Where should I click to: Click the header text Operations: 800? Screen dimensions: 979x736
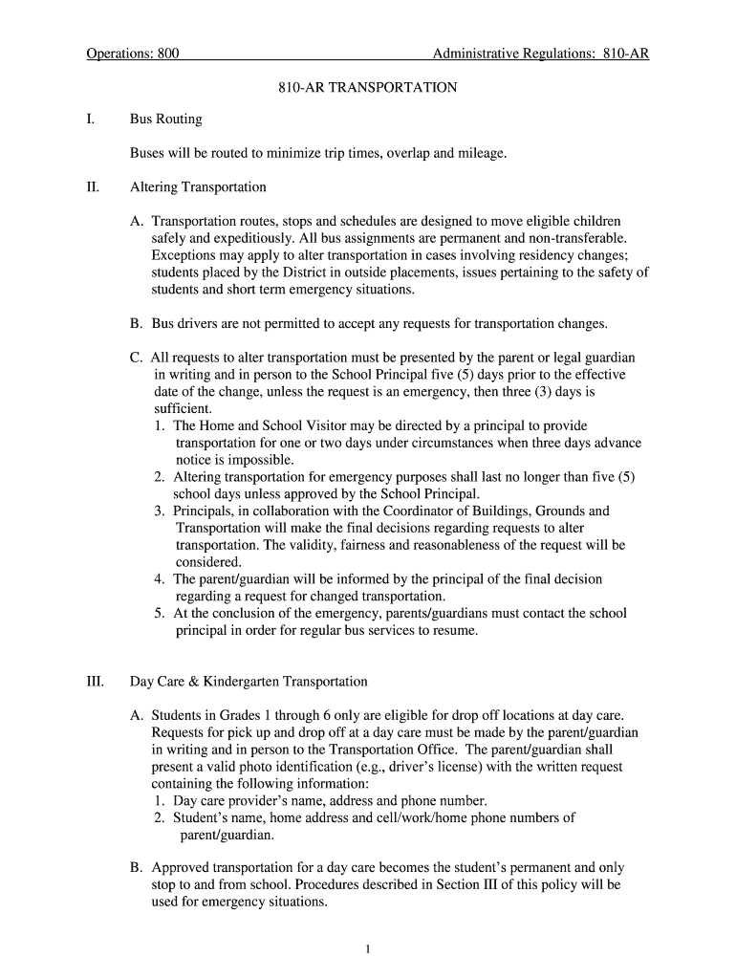[133, 54]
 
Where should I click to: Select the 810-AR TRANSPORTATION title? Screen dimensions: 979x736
[368, 87]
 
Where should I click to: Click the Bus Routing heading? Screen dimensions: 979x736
[165, 120]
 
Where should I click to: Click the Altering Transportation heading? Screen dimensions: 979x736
[198, 186]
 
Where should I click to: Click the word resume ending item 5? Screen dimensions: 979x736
[454, 631]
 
